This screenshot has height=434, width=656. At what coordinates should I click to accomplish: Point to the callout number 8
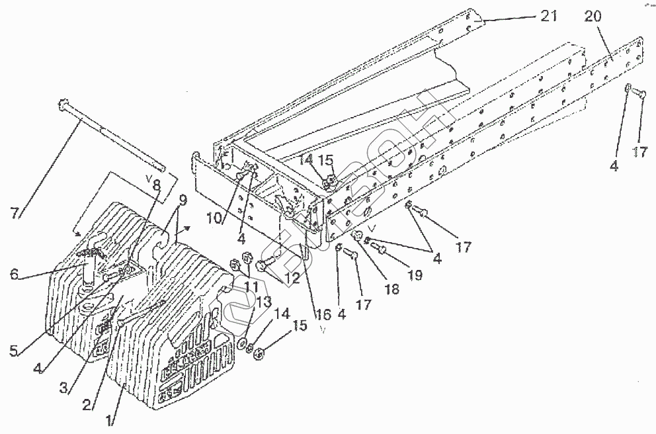point(157,187)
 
